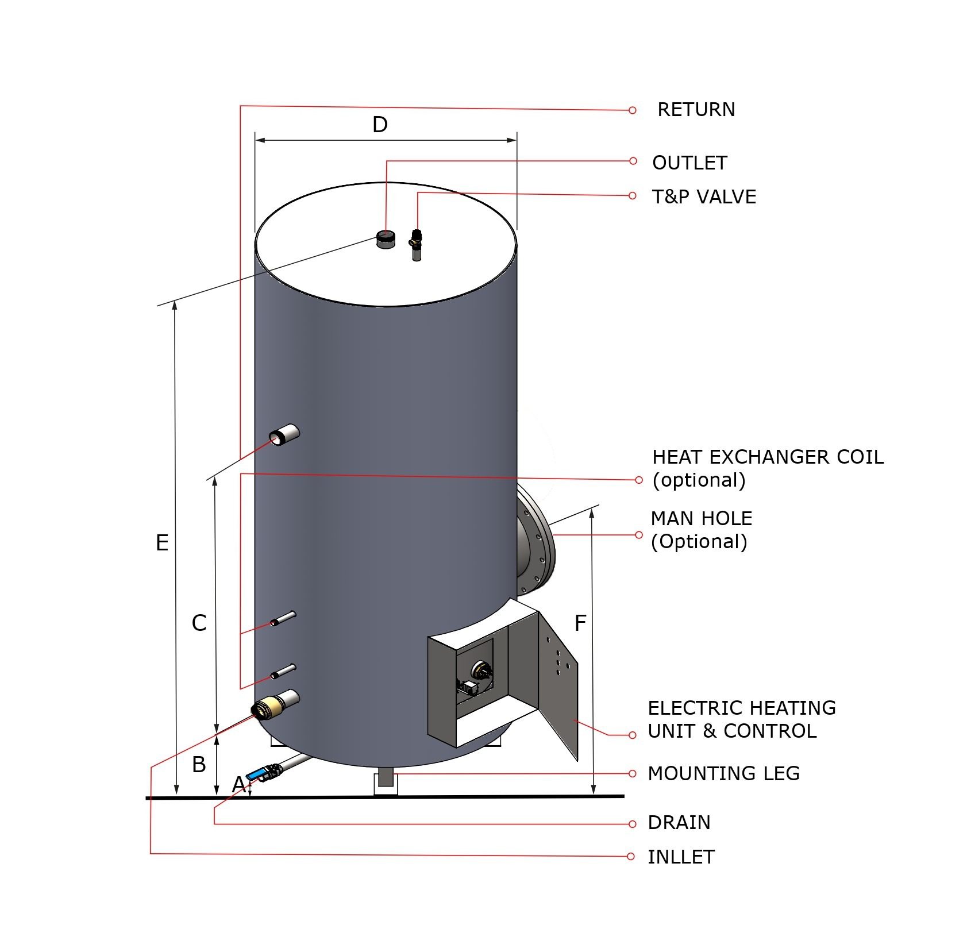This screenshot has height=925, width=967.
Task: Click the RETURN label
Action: (696, 110)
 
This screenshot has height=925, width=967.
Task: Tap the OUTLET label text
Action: (689, 163)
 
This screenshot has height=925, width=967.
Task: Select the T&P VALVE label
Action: (704, 197)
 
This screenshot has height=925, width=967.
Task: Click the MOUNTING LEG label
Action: (723, 773)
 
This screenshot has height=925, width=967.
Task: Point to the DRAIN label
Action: (679, 823)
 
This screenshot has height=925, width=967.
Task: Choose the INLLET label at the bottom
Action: (681, 857)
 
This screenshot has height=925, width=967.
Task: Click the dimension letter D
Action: (380, 125)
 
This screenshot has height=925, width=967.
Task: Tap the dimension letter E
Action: (162, 543)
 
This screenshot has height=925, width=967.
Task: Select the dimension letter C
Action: (199, 623)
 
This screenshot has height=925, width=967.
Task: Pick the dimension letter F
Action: (580, 623)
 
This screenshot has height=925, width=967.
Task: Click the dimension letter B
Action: (199, 765)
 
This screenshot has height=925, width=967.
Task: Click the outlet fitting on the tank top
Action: (385, 238)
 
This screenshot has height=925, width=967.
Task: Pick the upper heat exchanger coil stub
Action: (284, 618)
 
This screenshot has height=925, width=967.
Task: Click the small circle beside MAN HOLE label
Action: (639, 535)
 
